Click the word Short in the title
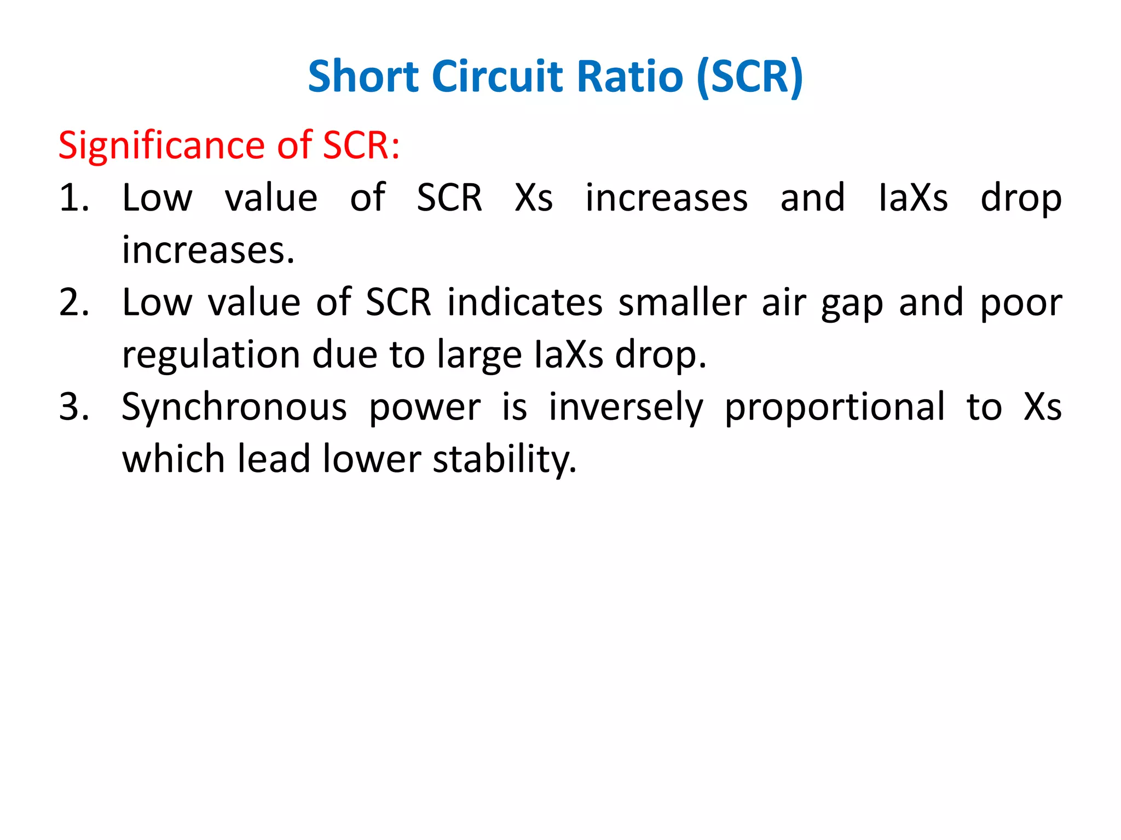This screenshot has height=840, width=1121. tap(363, 76)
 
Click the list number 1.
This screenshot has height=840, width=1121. tap(73, 197)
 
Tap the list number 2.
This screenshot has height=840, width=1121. tap(73, 302)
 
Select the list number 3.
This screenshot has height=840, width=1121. tap(73, 407)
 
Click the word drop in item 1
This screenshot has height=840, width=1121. tap(1021, 199)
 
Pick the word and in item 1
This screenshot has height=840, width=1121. tap(812, 197)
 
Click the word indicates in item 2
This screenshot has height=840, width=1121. tap(524, 302)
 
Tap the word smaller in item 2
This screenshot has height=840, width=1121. tap(682, 302)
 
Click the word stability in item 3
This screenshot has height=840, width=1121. tap(505, 459)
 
